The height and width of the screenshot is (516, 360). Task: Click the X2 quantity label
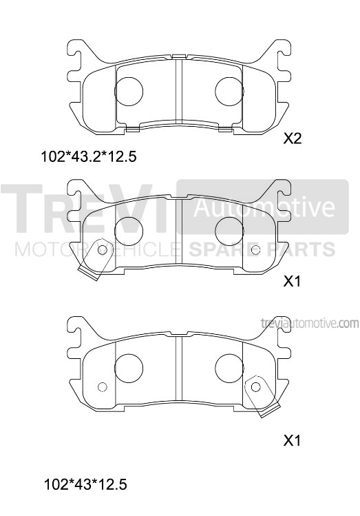tap(293, 139)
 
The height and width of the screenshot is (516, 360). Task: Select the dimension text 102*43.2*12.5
tap(88, 156)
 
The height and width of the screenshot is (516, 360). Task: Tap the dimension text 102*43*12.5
tap(85, 484)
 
